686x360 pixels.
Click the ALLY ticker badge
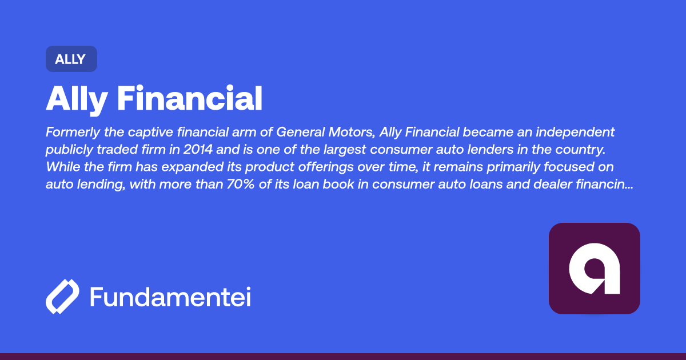click(71, 59)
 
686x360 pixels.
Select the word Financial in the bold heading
click(189, 99)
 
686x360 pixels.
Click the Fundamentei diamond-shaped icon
click(62, 297)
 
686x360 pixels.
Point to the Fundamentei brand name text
click(170, 297)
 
